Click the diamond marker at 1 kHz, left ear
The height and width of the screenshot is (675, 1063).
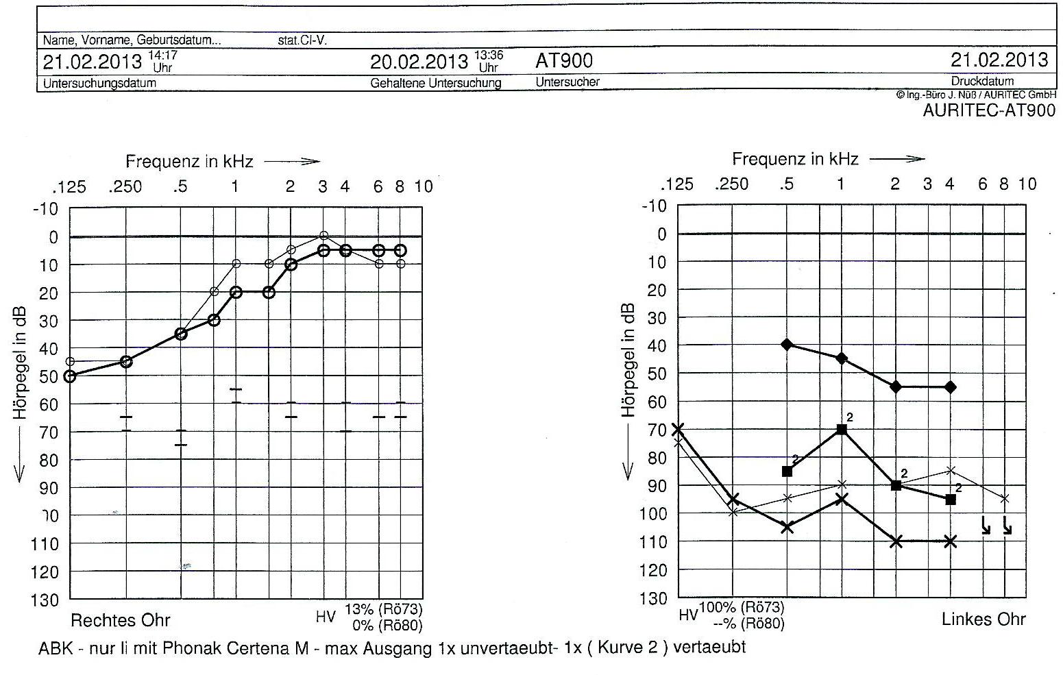pyautogui.click(x=842, y=358)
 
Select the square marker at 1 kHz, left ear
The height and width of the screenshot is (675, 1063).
pyautogui.click(x=842, y=430)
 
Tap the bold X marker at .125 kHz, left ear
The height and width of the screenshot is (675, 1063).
pyautogui.click(x=678, y=430)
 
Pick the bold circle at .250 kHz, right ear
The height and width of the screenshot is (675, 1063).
pyautogui.click(x=126, y=361)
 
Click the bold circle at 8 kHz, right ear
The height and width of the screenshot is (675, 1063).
pyautogui.click(x=400, y=251)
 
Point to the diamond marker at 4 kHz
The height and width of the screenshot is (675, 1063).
pyautogui.click(x=950, y=387)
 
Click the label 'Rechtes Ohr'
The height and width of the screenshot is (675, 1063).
pyautogui.click(x=121, y=621)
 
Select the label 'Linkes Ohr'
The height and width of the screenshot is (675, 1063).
pyautogui.click(x=983, y=619)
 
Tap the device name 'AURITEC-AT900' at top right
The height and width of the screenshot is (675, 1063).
pyautogui.click(x=989, y=110)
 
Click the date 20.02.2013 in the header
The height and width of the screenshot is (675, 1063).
pyautogui.click(x=419, y=62)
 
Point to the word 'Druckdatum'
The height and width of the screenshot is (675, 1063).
pyautogui.click(x=982, y=81)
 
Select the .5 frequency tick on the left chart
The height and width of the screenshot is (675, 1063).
pyautogui.click(x=180, y=186)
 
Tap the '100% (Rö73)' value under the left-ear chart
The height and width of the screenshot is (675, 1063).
pyautogui.click(x=741, y=608)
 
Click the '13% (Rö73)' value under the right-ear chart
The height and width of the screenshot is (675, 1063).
pyautogui.click(x=383, y=609)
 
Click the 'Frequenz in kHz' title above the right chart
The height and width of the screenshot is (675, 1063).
pyautogui.click(x=794, y=160)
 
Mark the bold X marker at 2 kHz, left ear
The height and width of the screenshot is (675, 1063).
pyautogui.click(x=896, y=541)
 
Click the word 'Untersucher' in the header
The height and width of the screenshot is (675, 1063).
pyautogui.click(x=567, y=82)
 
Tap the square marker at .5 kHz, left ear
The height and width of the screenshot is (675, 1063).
pyautogui.click(x=787, y=471)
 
